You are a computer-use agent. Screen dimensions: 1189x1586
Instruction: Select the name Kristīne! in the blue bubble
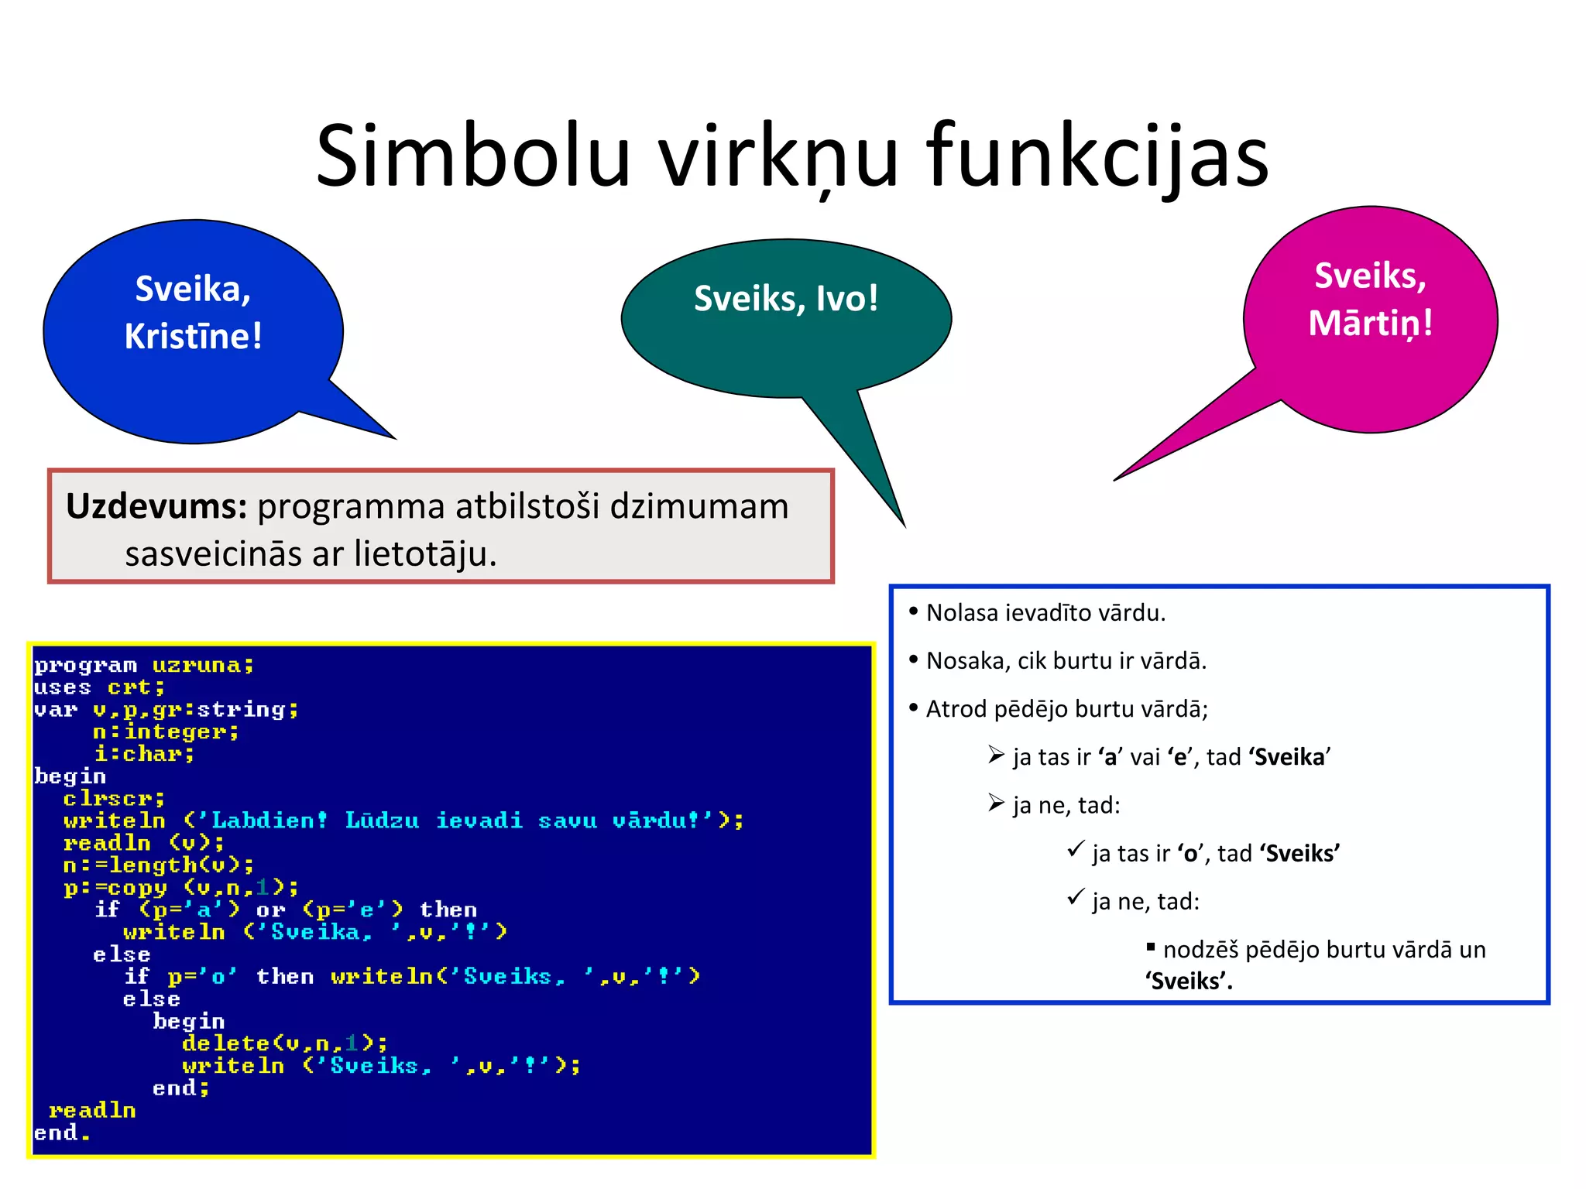(x=194, y=337)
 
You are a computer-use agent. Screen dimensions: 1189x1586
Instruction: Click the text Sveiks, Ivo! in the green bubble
(x=786, y=299)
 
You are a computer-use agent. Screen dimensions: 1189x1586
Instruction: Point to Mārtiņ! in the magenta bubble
(x=1370, y=324)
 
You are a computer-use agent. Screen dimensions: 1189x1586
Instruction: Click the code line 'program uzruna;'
(x=144, y=666)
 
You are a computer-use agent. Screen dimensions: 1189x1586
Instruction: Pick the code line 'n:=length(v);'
(x=159, y=865)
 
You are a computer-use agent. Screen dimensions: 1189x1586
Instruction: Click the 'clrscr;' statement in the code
(x=114, y=798)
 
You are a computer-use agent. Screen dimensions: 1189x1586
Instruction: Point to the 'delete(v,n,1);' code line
(x=284, y=1043)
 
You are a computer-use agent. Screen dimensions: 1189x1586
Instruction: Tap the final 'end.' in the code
(x=62, y=1133)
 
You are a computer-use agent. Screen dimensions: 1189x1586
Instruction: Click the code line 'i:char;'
(x=144, y=754)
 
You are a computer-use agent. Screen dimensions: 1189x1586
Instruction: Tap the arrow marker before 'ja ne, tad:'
(x=996, y=804)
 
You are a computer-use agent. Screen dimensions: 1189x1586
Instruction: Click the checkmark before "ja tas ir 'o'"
(x=1075, y=850)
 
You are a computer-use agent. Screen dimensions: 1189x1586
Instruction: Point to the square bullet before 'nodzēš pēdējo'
(x=1151, y=947)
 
